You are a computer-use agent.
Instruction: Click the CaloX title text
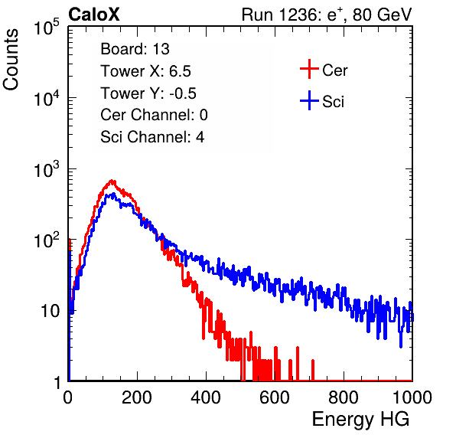(x=93, y=15)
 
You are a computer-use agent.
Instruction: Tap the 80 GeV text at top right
(x=382, y=15)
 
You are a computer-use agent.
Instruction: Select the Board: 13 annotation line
(x=135, y=49)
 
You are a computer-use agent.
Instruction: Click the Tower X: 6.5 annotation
(x=145, y=71)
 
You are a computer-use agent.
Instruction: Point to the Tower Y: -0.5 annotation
(x=148, y=93)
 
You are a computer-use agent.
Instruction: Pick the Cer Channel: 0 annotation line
(x=154, y=115)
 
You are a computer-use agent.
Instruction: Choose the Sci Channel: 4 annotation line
(x=152, y=137)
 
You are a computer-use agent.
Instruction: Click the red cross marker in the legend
(x=309, y=69)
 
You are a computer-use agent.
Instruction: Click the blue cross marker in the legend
(x=309, y=100)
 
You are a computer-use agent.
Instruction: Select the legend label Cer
(x=334, y=70)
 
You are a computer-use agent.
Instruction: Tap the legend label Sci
(x=334, y=102)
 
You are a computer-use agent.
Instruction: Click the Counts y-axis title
(x=11, y=59)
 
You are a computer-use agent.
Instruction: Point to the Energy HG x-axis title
(x=361, y=419)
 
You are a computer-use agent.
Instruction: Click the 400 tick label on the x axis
(x=206, y=397)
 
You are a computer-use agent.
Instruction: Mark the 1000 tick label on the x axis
(x=412, y=397)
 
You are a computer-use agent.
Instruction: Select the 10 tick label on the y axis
(x=50, y=311)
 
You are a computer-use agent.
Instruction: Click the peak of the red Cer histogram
(x=112, y=181)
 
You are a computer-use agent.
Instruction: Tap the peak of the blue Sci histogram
(x=113, y=194)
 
